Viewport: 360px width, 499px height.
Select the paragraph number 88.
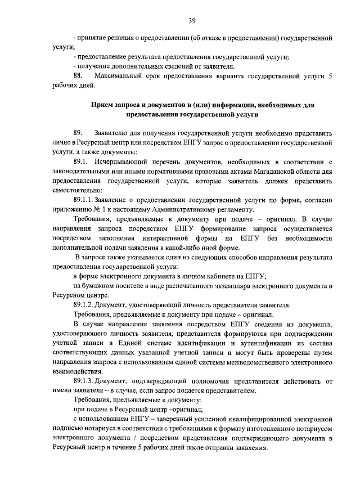pyautogui.click(x=78, y=75)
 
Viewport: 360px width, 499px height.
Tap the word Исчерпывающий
pyautogui.click(x=127, y=163)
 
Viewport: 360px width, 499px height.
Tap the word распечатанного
pyautogui.click(x=184, y=286)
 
